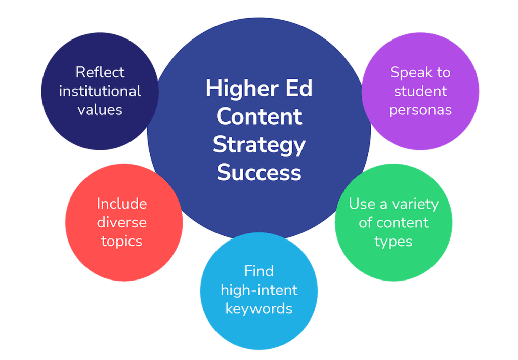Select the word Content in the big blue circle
(260, 116)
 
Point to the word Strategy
(260, 146)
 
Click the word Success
(260, 172)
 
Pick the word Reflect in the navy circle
(100, 72)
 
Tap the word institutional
(100, 91)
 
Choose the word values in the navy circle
(100, 110)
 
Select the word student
(420, 91)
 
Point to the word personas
(420, 110)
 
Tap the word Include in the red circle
(122, 204)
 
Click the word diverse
(122, 222)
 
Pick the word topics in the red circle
(122, 242)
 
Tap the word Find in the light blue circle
(259, 271)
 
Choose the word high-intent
(259, 290)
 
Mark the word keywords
(259, 309)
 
